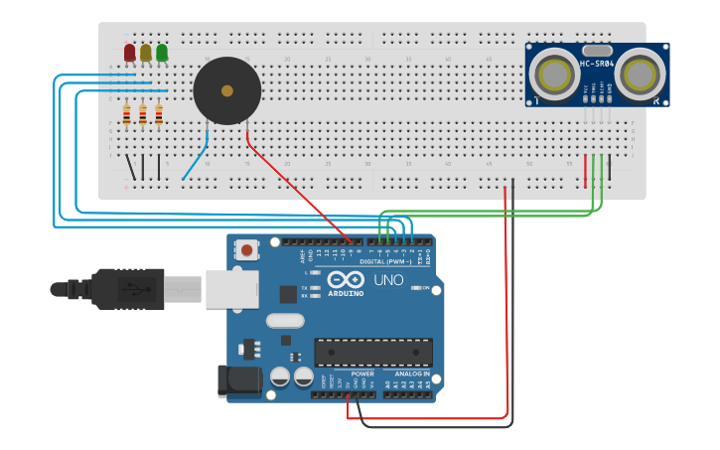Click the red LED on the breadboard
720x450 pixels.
129,52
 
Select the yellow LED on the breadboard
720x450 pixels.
145,52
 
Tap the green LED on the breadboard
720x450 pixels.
161,52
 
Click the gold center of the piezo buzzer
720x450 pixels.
226,90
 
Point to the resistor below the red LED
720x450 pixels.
127,116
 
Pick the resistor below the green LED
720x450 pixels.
159,116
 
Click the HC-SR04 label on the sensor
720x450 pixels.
597,66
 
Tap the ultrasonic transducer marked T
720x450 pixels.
549,73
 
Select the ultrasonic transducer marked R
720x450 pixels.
643,73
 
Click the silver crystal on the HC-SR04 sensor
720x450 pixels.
597,50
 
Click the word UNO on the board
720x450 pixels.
388,280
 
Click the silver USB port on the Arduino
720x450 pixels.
231,289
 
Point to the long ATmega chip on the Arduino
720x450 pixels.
373,352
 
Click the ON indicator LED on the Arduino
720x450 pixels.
416,288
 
